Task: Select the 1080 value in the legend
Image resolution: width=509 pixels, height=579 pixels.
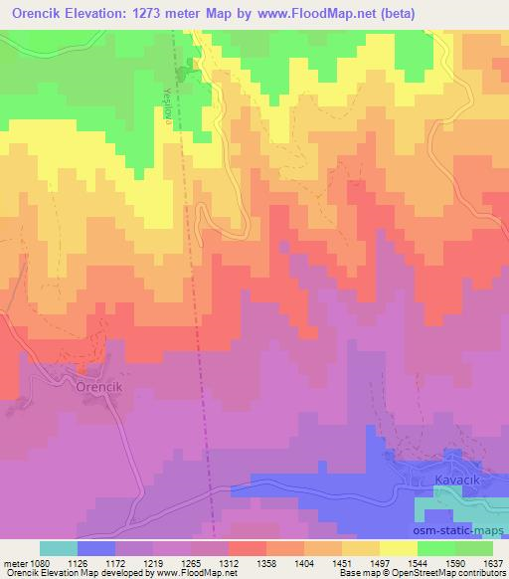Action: coord(36,562)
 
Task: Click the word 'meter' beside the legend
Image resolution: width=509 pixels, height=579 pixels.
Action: coord(12,562)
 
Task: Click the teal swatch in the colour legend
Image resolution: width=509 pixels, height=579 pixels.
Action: coord(59,548)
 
